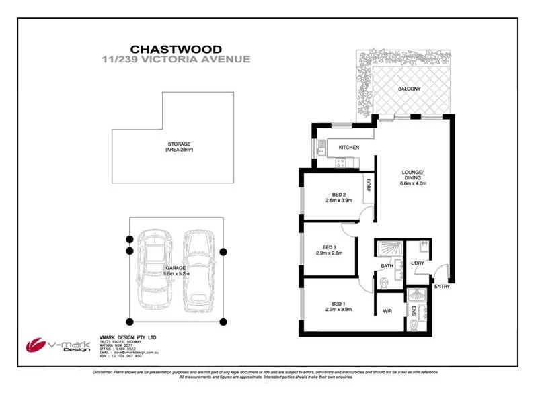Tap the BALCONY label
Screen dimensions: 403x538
(409, 89)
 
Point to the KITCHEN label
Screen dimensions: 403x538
(348, 147)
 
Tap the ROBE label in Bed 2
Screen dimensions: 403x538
(369, 185)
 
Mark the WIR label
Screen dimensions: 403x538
(388, 311)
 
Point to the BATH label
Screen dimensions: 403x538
(387, 266)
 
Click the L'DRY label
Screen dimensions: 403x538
(418, 264)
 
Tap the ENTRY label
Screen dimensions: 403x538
(442, 287)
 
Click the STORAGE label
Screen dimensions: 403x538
(180, 144)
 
